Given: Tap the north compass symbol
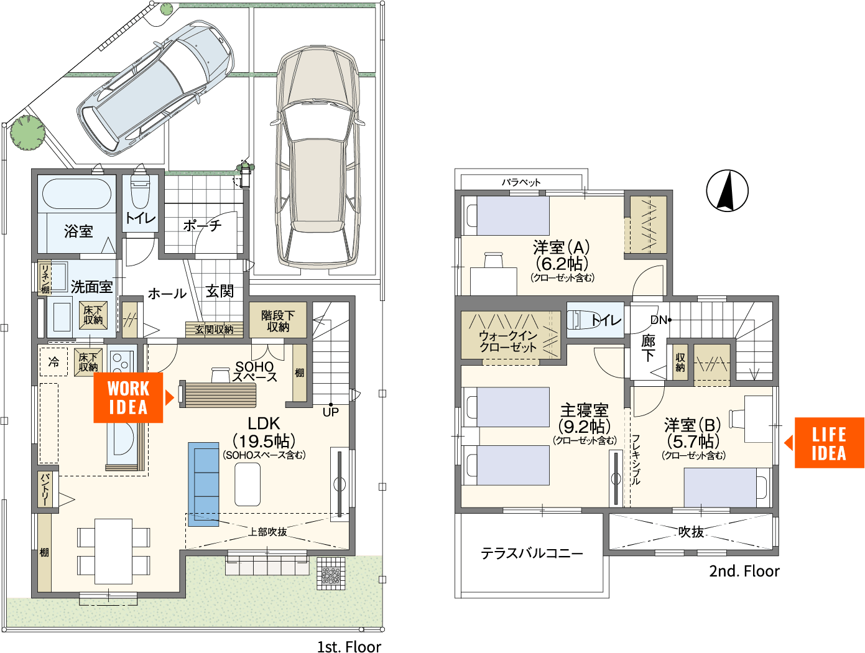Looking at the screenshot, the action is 727,191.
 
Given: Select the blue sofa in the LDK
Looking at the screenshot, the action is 203,484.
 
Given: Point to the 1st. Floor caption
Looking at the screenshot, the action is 349,647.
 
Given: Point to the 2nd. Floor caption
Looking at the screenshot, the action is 744,571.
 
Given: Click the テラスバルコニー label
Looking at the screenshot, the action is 531,553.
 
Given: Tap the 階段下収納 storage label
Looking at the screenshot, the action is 278,321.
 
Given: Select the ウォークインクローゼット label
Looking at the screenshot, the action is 508,341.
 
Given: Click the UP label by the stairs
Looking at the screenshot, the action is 330,412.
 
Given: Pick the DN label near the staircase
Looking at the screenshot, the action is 659,320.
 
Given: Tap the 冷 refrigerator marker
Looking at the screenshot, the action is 53,361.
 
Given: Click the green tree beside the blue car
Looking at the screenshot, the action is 27,132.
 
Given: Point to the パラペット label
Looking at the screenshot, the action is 521,182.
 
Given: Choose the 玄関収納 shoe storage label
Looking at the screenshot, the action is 214,330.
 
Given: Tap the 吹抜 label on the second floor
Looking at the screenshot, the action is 691,532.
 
